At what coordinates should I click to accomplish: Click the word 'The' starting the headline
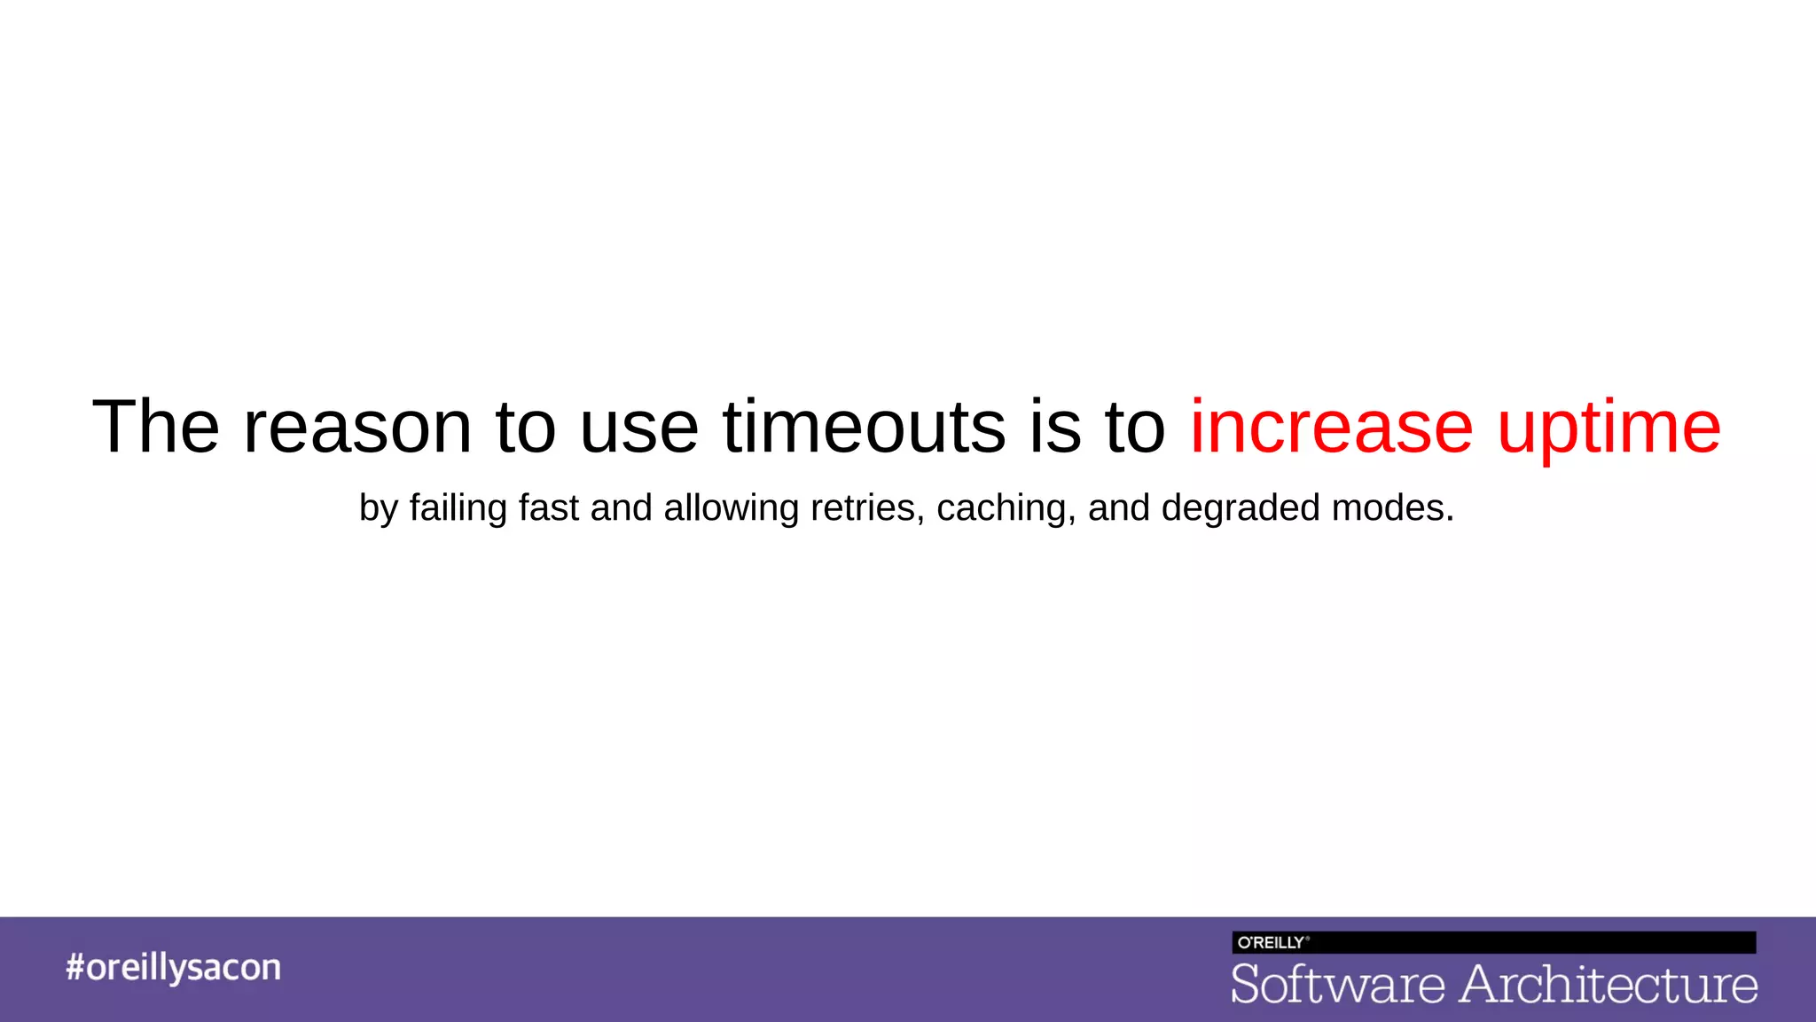(x=156, y=428)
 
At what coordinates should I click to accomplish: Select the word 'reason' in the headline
(x=357, y=428)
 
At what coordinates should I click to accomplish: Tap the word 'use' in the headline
(x=639, y=428)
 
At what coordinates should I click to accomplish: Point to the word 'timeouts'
(x=865, y=428)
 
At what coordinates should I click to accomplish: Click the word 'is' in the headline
(x=1055, y=428)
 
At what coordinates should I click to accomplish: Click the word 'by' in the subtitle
(x=379, y=509)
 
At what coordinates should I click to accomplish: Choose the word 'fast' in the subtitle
(x=549, y=507)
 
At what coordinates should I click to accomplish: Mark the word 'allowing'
(x=732, y=509)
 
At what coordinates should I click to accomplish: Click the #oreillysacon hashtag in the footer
(x=173, y=967)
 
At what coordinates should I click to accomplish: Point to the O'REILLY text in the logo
(x=1272, y=942)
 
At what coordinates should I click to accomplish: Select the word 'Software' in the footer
(x=1338, y=985)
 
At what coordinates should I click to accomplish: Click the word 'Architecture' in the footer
(x=1609, y=985)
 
